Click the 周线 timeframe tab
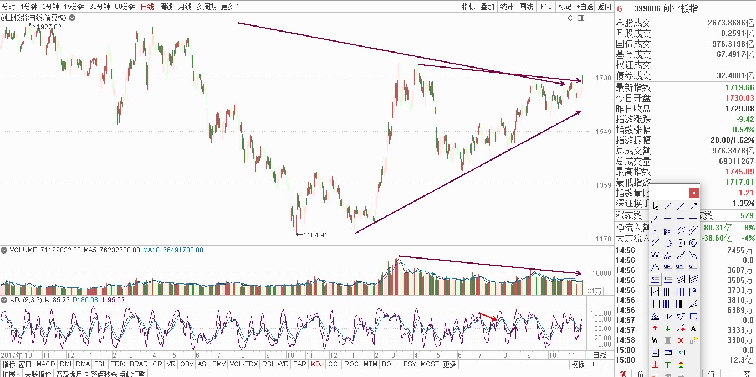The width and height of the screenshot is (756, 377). coord(166,7)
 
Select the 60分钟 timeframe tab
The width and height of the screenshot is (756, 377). coord(125,7)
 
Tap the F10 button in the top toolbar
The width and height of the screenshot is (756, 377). coord(546,7)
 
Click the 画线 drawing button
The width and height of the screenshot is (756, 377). coord(526,7)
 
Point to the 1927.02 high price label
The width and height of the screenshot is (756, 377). coord(49,27)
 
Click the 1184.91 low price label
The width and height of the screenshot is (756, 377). coord(315,235)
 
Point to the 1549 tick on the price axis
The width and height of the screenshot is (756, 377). coord(603,132)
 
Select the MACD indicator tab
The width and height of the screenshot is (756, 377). coord(45,364)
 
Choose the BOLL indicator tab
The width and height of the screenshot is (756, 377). coord(390,364)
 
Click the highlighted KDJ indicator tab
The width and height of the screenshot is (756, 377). coord(317,364)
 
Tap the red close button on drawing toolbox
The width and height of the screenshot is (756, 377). coord(694,193)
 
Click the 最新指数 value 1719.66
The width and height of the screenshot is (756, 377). coord(740,88)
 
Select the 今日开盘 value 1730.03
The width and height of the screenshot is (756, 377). coord(740,99)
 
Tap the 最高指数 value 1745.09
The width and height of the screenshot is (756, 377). coord(740,172)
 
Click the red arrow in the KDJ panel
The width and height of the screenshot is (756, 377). coord(488,317)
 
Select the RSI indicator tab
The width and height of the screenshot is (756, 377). coord(268,364)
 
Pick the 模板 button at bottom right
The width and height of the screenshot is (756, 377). coord(578,364)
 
